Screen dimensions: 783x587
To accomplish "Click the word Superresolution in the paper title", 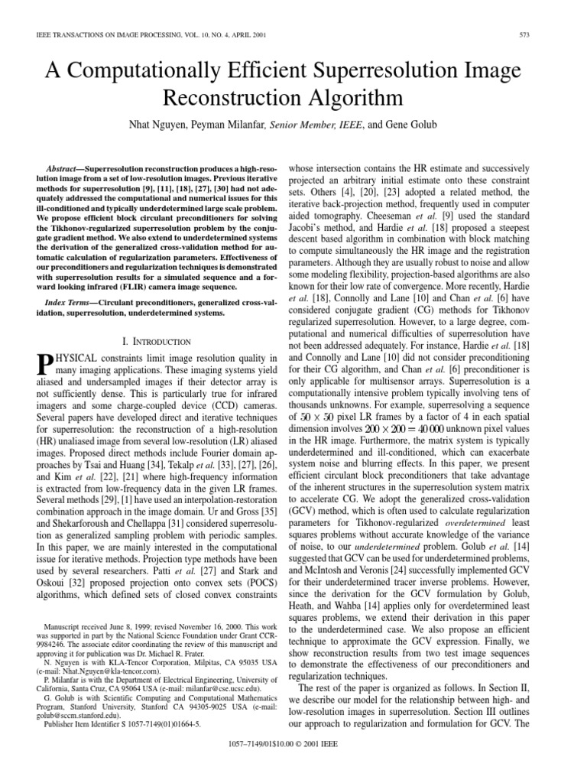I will coord(361,73).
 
